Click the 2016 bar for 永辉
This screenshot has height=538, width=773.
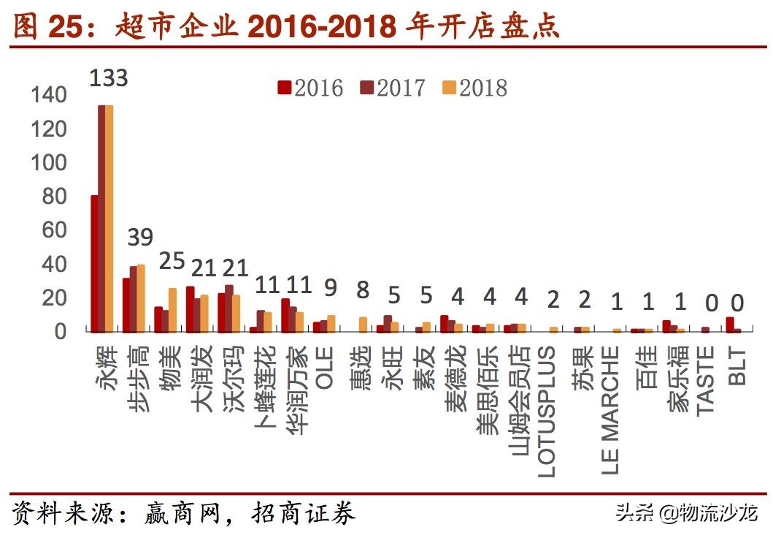click(94, 264)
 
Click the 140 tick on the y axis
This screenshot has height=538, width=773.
click(49, 95)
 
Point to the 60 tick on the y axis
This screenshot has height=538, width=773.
click(55, 230)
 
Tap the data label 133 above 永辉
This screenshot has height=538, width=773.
click(108, 77)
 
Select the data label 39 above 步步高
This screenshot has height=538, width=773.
click(140, 238)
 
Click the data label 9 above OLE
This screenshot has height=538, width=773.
click(330, 288)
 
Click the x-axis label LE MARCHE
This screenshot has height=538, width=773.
click(611, 409)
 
